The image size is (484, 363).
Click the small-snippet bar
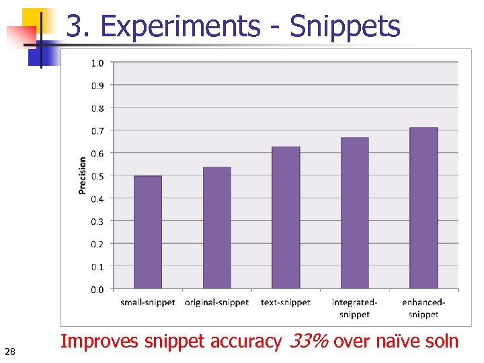[148, 233]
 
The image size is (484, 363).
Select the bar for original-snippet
[217, 229]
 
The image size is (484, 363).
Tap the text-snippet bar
[286, 218]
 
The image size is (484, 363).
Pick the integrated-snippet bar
[355, 214]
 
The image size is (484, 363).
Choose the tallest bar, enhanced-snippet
[424, 208]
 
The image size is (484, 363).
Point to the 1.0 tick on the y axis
[97, 63]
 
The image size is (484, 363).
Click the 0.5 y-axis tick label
[97, 176]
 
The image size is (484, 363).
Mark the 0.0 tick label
[97, 290]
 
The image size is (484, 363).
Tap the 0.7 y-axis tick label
[97, 130]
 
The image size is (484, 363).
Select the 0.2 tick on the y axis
[97, 244]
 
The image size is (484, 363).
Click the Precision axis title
[83, 175]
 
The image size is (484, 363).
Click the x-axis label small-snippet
[148, 302]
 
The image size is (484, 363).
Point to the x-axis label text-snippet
[286, 302]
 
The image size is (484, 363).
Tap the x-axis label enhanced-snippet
[424, 309]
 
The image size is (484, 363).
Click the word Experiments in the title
[179, 27]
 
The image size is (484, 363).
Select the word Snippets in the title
[345, 27]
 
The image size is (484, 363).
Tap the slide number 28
[9, 351]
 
